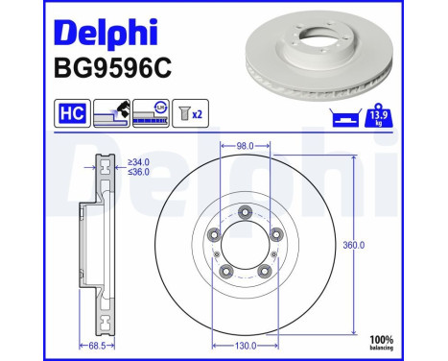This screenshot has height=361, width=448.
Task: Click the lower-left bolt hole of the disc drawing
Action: (x=226, y=272)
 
